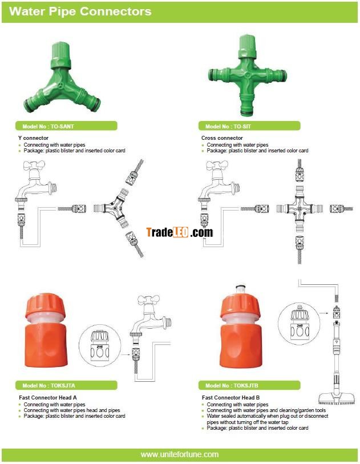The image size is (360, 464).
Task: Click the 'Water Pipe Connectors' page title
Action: [x=80, y=11]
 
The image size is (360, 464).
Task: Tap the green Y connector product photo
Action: [x=62, y=78]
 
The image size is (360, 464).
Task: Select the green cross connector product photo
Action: [x=247, y=75]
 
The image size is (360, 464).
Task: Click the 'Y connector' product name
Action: [x=33, y=138]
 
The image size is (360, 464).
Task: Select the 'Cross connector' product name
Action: [x=222, y=138]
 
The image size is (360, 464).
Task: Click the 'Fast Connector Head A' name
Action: [x=47, y=397]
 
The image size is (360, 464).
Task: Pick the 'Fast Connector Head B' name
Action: [x=230, y=397]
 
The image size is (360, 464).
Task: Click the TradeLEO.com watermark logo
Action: [x=180, y=232]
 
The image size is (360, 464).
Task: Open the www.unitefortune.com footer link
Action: [x=180, y=454]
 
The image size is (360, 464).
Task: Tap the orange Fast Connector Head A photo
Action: [x=46, y=330]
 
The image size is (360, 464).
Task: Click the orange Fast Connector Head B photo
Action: [x=241, y=326]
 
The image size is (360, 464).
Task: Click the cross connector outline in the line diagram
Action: [x=300, y=209]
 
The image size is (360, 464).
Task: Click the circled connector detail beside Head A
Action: [x=100, y=346]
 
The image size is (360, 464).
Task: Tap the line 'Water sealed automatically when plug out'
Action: [x=268, y=416]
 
